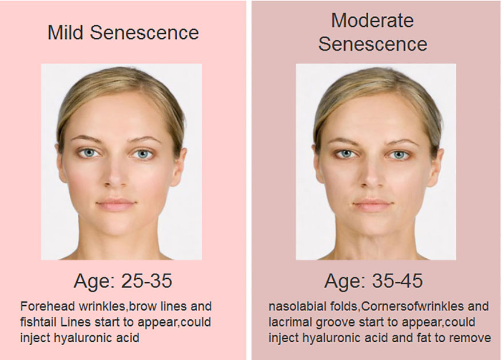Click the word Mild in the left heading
[65, 33]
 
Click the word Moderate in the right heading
[372, 21]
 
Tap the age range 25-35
[146, 281]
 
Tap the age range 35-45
[397, 281]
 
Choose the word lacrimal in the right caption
[290, 322]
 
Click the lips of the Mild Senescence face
[116, 204]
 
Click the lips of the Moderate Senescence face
[372, 204]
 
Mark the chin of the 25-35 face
[116, 226]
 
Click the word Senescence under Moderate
[373, 44]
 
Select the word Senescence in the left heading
[145, 33]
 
